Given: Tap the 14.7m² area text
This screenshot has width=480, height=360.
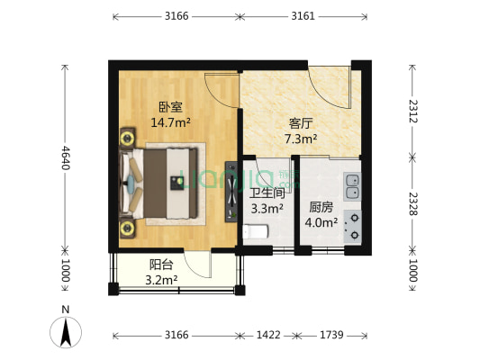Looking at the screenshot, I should click(171, 122).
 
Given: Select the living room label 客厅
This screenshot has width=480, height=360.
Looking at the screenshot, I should click(300, 123).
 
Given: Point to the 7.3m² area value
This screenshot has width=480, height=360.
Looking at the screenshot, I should click(300, 139).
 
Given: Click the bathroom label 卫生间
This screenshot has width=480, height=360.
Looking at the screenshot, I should click(267, 193).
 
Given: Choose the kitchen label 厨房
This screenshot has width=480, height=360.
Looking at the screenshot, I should click(322, 206).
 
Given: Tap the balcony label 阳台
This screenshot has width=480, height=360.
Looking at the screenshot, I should click(162, 265).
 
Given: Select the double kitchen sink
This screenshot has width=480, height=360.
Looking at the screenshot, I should click(352, 184).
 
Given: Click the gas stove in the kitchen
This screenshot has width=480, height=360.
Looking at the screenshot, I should click(352, 225).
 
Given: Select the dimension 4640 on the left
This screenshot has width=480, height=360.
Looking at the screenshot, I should click(65, 159).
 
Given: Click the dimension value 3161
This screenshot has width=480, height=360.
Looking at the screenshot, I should click(303, 15).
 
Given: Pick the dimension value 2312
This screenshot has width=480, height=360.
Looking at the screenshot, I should click(412, 110).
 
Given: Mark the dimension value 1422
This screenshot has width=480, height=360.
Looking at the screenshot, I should click(268, 335).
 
